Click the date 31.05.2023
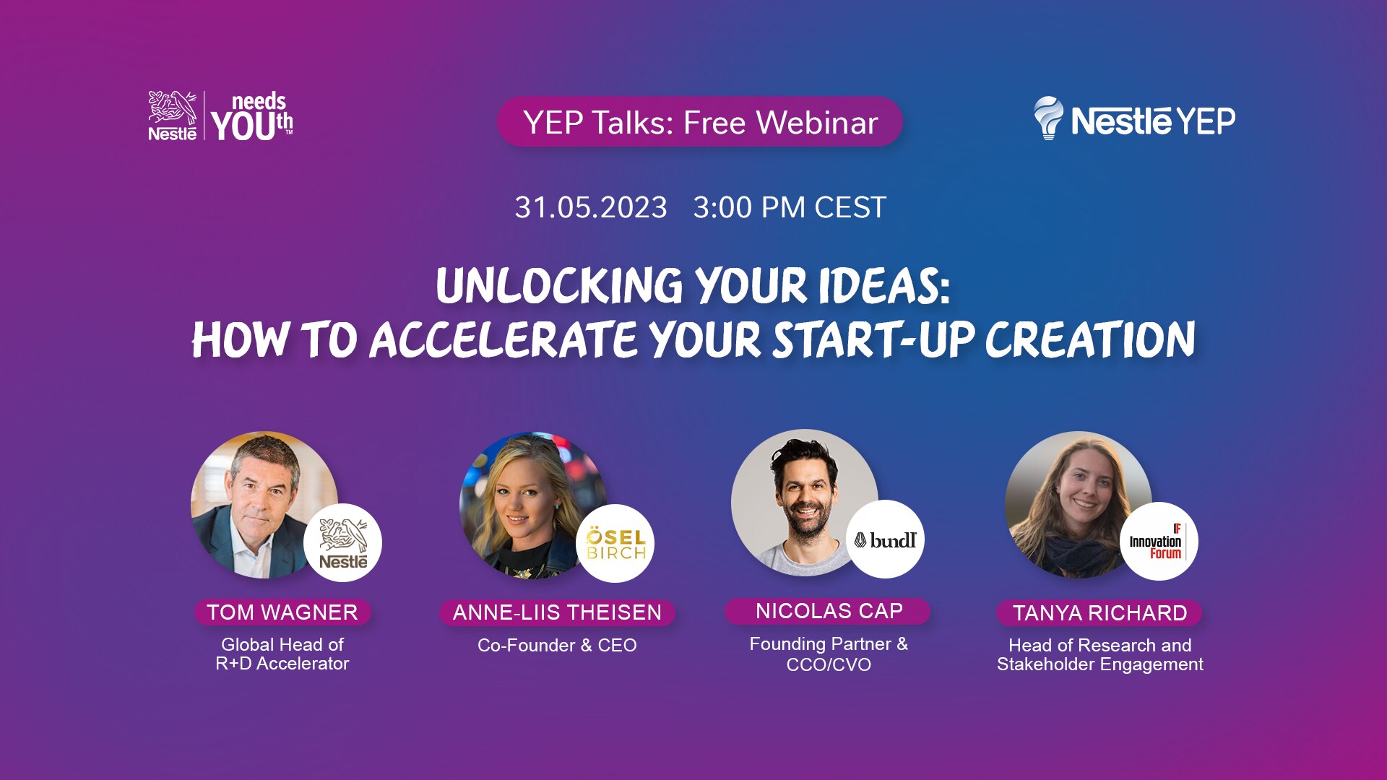(x=591, y=208)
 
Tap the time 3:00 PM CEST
(x=790, y=208)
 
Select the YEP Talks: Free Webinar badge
(x=700, y=122)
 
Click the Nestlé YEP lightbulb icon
(x=1048, y=118)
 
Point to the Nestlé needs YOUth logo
(x=220, y=116)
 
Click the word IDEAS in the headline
(x=884, y=286)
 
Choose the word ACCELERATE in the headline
(x=504, y=339)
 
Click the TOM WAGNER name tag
(x=282, y=612)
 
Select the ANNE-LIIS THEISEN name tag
(x=557, y=612)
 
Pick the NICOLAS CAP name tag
(x=829, y=611)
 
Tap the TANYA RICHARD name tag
(x=1099, y=613)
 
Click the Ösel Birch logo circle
(x=615, y=544)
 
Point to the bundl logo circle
(x=885, y=539)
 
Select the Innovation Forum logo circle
(x=1159, y=542)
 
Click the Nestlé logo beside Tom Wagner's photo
(x=342, y=543)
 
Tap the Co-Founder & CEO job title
(x=557, y=646)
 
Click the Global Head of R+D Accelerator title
(x=282, y=654)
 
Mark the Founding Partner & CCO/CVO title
(x=829, y=654)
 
